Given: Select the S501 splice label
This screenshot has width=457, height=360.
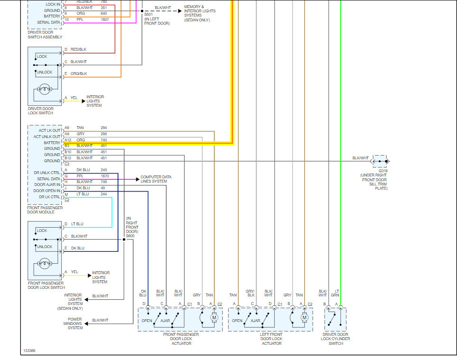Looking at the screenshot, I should click(149, 15).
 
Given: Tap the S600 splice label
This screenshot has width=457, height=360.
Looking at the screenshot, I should click(130, 236).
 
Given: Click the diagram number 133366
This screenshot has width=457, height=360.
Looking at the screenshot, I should click(29, 351).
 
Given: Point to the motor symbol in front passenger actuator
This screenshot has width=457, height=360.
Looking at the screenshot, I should click(214, 317).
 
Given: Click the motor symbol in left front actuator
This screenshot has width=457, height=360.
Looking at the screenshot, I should click(304, 317).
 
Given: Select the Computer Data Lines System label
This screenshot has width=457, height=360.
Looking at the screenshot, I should click(156, 179).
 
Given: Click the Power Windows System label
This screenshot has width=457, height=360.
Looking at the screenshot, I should click(75, 323).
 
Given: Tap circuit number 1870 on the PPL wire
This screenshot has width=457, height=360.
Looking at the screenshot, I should click(104, 176).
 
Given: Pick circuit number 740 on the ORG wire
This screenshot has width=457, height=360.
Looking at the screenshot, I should click(103, 140).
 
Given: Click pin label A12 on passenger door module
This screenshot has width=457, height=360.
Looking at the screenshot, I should click(67, 140).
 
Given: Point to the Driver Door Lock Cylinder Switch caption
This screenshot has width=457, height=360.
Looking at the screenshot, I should click(336, 339).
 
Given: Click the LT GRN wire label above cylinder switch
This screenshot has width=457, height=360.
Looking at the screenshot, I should click(337, 293).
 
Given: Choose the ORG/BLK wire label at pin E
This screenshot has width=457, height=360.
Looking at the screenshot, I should click(79, 74).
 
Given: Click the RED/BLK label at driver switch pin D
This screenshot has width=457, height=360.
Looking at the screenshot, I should click(78, 49).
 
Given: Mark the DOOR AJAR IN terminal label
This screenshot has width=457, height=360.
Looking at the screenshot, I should click(47, 185).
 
